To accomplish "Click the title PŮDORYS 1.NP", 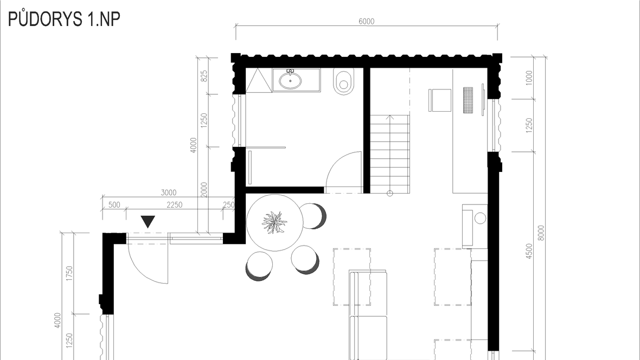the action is tap(64, 19).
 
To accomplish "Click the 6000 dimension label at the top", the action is tap(366, 21).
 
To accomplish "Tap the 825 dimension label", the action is tap(204, 75).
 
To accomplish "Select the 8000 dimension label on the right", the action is tap(541, 233).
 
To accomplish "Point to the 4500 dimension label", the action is tap(529, 251).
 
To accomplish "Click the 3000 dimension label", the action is tap(168, 192).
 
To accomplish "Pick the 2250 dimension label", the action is tap(174, 204).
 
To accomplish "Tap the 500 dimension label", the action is tap(114, 204).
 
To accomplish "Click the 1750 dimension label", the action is tap(69, 273).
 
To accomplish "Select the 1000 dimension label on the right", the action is tap(529, 78).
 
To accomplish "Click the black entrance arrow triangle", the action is tap(148, 222).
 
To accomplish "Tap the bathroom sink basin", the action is tap(290, 80).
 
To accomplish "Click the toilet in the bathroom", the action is tap(343, 81).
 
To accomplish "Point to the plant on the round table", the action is tap(274, 222).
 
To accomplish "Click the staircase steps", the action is tap(390, 154).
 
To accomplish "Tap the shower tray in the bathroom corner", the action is tap(259, 80).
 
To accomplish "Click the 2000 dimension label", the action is tap(204, 190).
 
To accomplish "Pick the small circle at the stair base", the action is tap(390, 194).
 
